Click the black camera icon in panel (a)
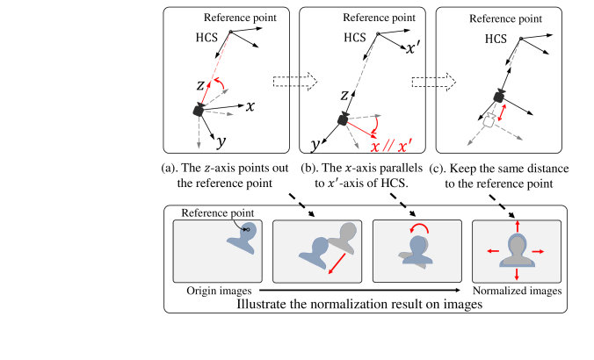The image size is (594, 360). (x=199, y=110)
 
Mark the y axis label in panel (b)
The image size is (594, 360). (x=313, y=143)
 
